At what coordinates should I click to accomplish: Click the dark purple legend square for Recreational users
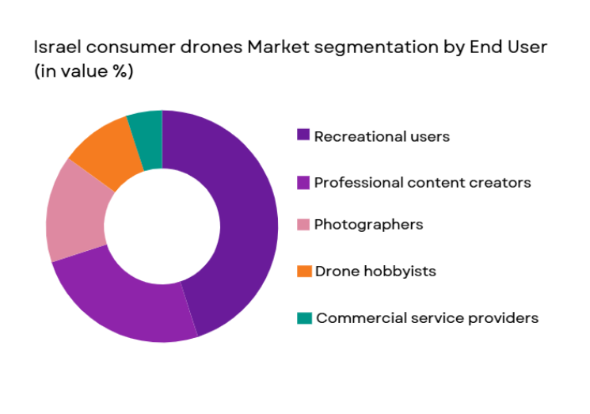click(x=303, y=135)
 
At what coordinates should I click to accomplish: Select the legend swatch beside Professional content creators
click(x=303, y=182)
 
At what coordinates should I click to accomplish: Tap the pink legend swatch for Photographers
click(x=303, y=224)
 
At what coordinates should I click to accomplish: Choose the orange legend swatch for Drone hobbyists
click(x=303, y=271)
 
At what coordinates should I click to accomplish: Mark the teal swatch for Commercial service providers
click(x=303, y=317)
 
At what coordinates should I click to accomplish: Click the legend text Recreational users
click(x=382, y=136)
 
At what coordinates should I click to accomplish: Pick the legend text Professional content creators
click(x=422, y=183)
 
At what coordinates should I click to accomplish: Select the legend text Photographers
click(x=368, y=225)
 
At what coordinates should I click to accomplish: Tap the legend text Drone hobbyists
click(x=375, y=272)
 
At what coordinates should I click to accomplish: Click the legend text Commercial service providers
click(x=427, y=318)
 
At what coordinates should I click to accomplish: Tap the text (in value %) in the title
click(x=83, y=71)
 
